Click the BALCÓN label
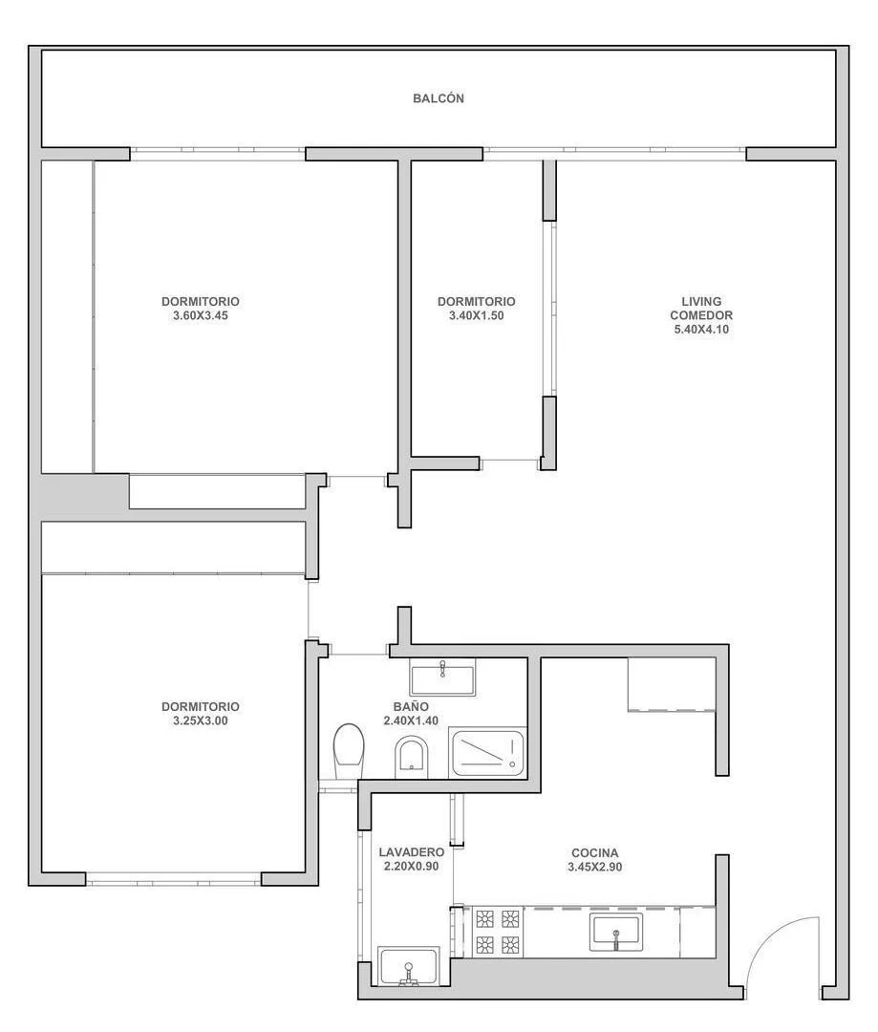(x=439, y=98)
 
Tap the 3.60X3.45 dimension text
(x=200, y=316)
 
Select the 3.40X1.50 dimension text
(x=476, y=316)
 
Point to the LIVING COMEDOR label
(x=701, y=309)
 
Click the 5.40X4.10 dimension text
(x=701, y=330)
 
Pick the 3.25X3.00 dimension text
(x=200, y=720)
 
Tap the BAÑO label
(x=411, y=707)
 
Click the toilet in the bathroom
(x=349, y=752)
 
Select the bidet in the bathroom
(x=412, y=756)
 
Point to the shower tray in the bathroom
(x=487, y=752)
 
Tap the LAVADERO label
(x=412, y=852)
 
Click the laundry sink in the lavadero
(x=409, y=967)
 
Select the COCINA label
(x=594, y=853)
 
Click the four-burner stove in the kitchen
(x=498, y=932)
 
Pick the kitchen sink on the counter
(x=616, y=932)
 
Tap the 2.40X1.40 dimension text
(x=411, y=720)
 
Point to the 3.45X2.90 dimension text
(x=594, y=867)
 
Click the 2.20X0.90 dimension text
(x=412, y=866)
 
